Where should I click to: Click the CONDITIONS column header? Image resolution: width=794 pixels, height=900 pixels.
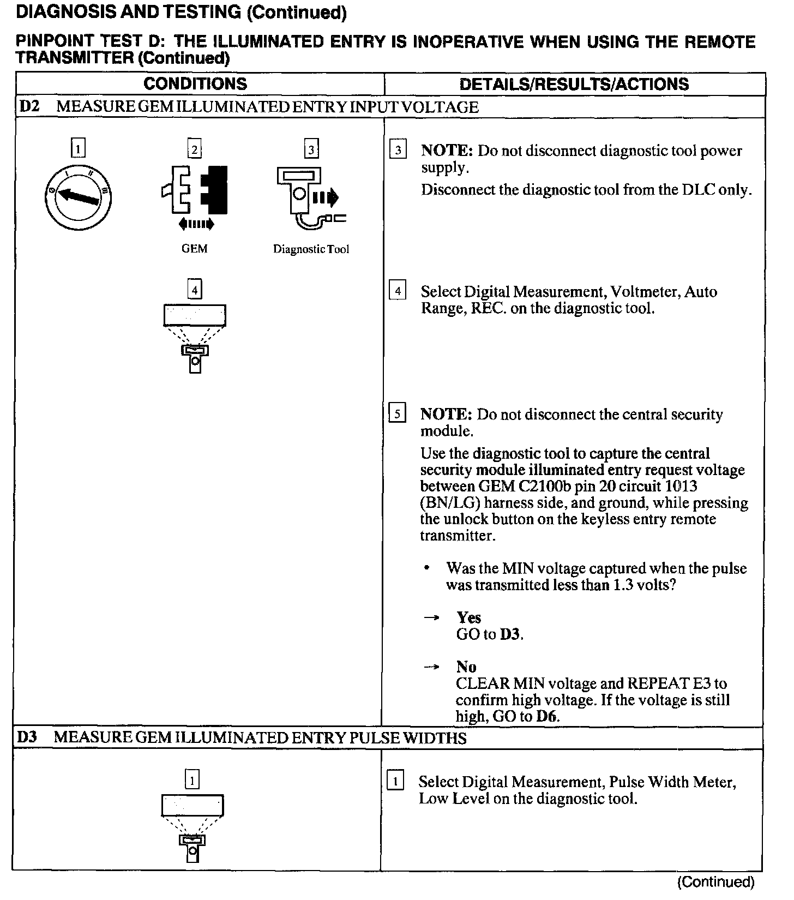click(195, 84)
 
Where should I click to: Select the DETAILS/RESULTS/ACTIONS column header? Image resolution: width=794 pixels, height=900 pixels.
click(574, 84)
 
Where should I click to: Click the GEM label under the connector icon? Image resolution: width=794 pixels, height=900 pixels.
click(194, 249)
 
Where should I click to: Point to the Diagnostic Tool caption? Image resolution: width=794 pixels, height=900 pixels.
click(311, 249)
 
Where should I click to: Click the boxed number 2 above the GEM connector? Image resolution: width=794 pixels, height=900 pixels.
click(194, 149)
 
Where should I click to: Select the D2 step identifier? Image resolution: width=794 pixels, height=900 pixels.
click(29, 106)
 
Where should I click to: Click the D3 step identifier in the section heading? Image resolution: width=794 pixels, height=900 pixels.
click(27, 737)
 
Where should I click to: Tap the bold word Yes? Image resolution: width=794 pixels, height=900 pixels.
click(468, 617)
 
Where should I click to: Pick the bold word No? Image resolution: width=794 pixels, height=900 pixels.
click(466, 667)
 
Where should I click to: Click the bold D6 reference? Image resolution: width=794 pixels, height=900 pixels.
click(548, 716)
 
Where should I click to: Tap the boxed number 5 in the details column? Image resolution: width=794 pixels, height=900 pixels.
click(397, 414)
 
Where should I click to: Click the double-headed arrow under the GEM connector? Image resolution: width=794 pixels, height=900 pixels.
click(196, 224)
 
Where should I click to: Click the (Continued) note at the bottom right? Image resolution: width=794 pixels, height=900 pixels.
click(715, 882)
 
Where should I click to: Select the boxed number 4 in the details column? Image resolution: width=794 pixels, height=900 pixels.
click(398, 291)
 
